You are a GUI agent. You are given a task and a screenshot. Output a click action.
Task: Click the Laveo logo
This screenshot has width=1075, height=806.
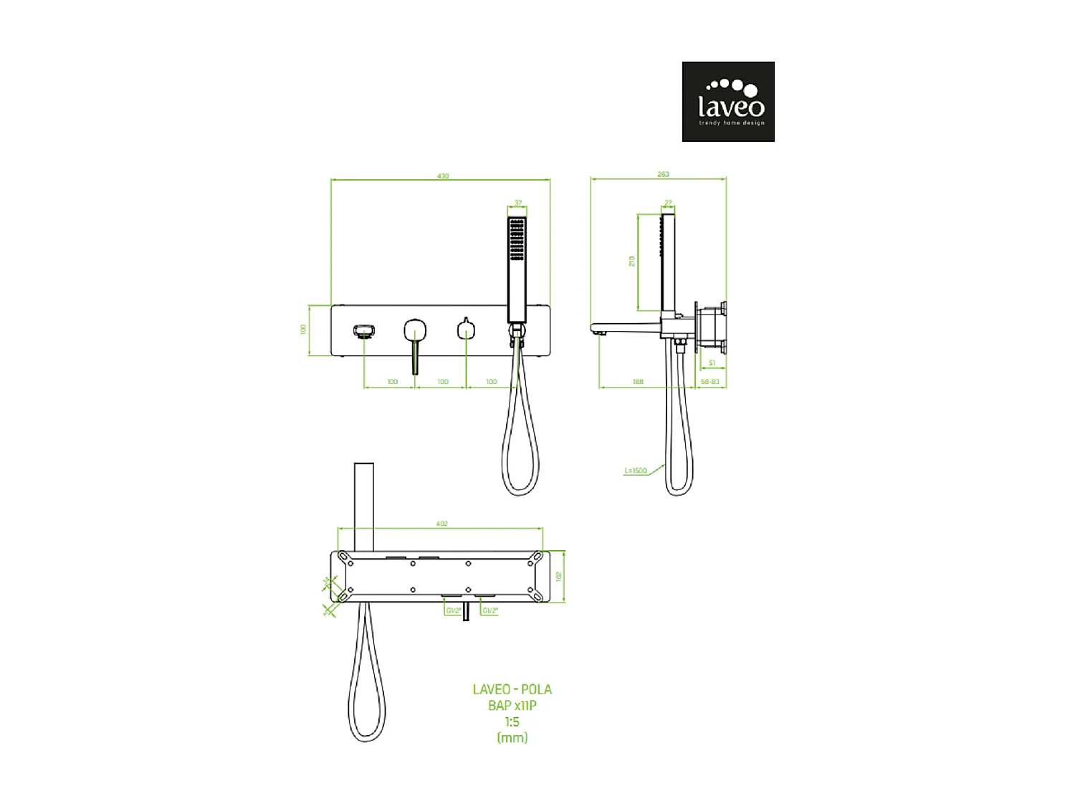[x=727, y=101]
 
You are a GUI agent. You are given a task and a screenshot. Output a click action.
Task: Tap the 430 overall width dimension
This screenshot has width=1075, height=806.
[x=443, y=176]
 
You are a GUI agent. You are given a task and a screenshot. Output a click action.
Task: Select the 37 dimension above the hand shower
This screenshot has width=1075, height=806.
[x=517, y=203]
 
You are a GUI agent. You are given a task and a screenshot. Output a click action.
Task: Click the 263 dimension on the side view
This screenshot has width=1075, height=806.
[x=662, y=174]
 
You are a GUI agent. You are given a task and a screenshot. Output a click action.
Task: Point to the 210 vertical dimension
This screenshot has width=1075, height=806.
[x=631, y=262]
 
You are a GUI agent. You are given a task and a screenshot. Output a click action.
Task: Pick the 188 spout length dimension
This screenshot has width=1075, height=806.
[x=638, y=382]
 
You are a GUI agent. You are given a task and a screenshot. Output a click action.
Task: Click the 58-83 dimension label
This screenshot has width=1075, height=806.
[x=709, y=382]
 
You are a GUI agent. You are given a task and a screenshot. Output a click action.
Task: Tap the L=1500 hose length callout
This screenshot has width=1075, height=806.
[x=635, y=471]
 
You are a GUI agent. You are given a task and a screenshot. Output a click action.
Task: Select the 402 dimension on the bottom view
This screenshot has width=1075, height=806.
[x=441, y=524]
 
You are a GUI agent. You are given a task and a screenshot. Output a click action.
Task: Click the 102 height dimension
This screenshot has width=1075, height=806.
[x=559, y=576]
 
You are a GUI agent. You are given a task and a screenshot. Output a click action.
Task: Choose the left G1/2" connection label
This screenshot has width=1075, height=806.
[x=453, y=610]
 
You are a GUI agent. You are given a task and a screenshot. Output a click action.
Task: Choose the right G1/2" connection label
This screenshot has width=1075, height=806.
[x=489, y=610]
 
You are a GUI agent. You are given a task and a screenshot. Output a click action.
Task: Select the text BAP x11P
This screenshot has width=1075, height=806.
[x=512, y=705]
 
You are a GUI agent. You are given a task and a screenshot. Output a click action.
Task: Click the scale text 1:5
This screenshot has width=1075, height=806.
[x=512, y=721]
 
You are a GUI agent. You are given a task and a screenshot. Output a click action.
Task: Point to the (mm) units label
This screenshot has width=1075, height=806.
[x=512, y=737]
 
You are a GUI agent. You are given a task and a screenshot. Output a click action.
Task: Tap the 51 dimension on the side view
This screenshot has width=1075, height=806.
[x=711, y=363]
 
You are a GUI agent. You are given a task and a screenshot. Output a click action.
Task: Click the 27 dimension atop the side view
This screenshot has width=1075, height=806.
[x=668, y=203]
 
